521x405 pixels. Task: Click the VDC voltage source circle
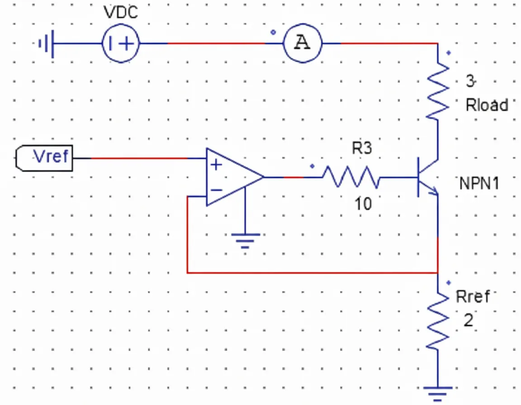pyautogui.click(x=120, y=44)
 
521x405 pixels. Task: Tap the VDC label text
pyautogui.click(x=121, y=12)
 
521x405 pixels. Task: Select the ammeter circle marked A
pyautogui.click(x=303, y=43)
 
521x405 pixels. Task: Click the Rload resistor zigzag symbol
pyautogui.click(x=438, y=90)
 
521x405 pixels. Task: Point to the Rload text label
pyautogui.click(x=487, y=105)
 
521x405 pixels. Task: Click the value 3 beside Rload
pyautogui.click(x=470, y=82)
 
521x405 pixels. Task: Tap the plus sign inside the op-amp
pyautogui.click(x=217, y=165)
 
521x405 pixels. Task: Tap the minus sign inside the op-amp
pyautogui.click(x=217, y=190)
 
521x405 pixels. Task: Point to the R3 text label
pyautogui.click(x=361, y=148)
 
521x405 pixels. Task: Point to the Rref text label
pyautogui.click(x=473, y=297)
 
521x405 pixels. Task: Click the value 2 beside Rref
pyautogui.click(x=469, y=320)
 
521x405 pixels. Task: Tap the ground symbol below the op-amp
pyautogui.click(x=245, y=240)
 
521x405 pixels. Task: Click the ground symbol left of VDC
pyautogui.click(x=47, y=44)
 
